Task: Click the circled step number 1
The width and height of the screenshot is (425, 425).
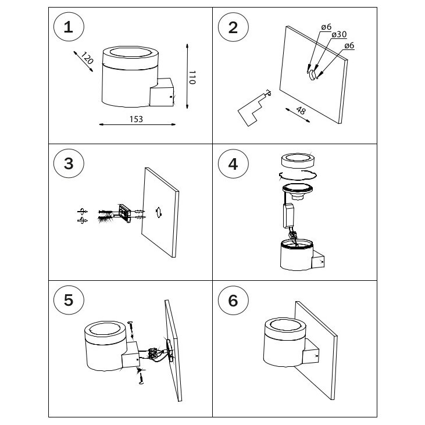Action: (69, 28)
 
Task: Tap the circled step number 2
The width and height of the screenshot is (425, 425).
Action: (233, 28)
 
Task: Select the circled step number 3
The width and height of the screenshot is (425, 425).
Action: (69, 163)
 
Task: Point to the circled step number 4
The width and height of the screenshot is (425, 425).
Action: (233, 163)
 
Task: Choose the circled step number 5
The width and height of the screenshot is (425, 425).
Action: (69, 300)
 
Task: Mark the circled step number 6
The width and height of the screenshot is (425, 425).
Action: (233, 300)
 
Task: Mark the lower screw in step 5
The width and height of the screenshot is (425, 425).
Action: (141, 377)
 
